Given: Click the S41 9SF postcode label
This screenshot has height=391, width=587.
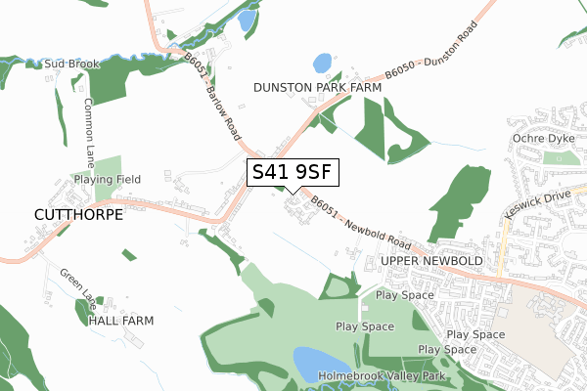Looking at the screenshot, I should (x=293, y=173).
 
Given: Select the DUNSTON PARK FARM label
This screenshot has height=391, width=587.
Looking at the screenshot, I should (x=317, y=87).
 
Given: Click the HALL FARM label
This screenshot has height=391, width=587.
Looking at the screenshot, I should (x=121, y=320).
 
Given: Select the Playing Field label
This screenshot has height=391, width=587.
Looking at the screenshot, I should (x=108, y=180).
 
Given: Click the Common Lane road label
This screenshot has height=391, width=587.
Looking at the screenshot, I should (x=89, y=128).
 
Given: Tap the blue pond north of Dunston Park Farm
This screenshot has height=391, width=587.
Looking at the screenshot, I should (x=322, y=64).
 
